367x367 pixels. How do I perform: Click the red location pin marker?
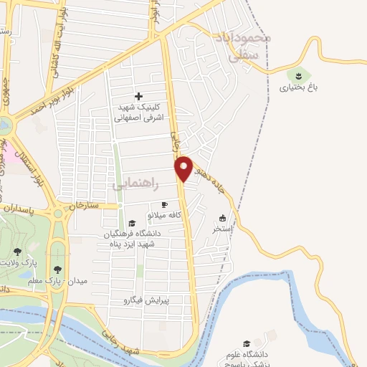(x=184, y=168)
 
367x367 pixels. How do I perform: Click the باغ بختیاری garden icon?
(x=296, y=74)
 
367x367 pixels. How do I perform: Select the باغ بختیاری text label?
(x=295, y=87)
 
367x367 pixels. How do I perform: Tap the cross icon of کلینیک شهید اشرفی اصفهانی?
(x=138, y=96)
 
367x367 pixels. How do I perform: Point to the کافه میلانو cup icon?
(x=164, y=204)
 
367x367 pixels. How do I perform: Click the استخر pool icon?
(x=222, y=218)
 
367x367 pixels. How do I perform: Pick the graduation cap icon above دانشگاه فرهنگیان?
(x=131, y=223)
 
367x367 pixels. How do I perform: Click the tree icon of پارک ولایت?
(x=17, y=252)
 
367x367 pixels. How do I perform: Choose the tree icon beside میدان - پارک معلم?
(x=57, y=270)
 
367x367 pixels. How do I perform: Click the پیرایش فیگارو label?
(x=146, y=300)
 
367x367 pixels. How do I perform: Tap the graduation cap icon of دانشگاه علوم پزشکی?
(x=247, y=344)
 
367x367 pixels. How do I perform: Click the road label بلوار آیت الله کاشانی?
(x=57, y=57)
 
